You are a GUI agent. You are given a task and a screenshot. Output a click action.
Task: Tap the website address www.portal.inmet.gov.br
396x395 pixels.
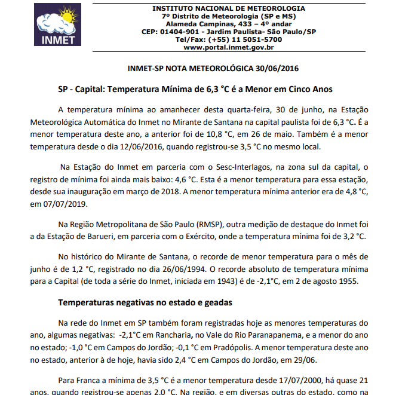click(229, 47)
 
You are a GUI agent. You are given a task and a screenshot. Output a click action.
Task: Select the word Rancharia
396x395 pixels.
click(176, 335)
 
